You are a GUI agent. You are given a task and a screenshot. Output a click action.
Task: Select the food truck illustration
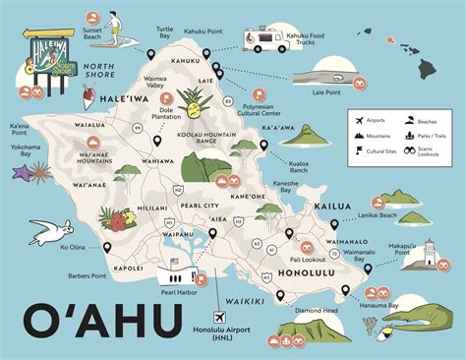[x=266, y=39]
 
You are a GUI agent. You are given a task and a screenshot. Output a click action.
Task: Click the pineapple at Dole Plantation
[x=190, y=102]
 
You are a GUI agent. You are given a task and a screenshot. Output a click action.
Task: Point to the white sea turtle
[x=49, y=232]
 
